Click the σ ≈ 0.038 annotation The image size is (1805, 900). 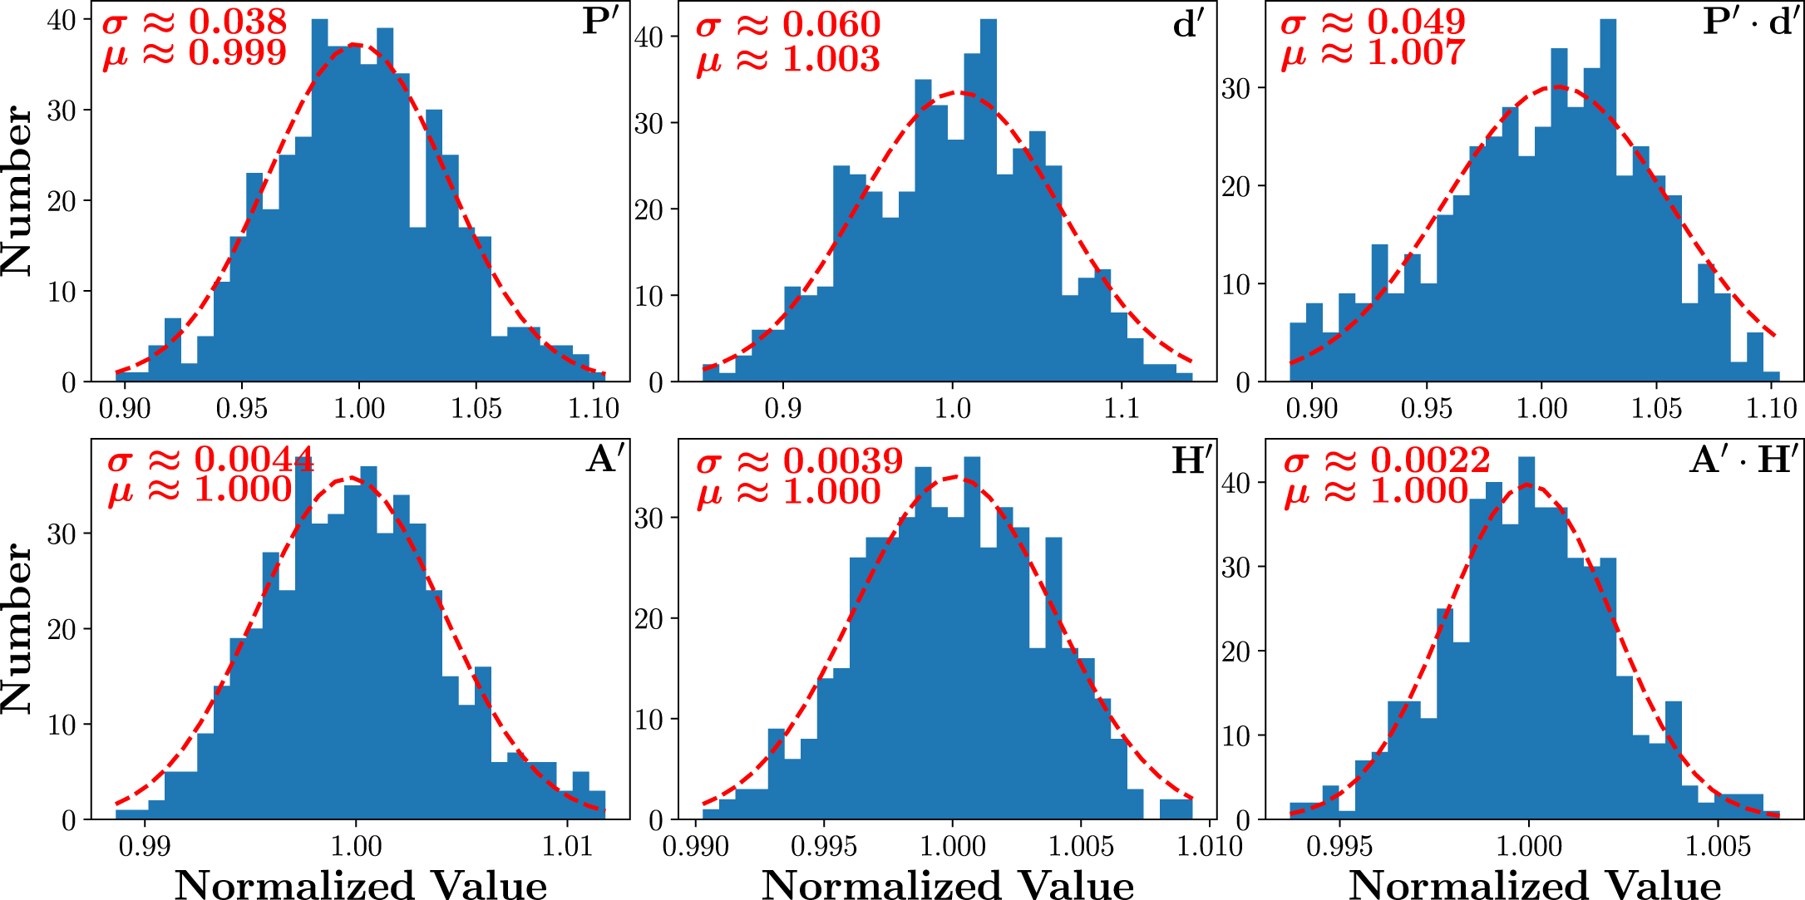point(195,22)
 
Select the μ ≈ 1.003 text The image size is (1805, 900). point(787,59)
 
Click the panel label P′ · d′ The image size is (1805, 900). point(1750,22)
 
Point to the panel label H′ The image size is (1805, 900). point(1191,460)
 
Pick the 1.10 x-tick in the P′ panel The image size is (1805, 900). point(594,408)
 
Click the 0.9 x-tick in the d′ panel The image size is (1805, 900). point(782,408)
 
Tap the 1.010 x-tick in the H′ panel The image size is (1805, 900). point(1210,847)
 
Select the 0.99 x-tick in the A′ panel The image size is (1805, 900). point(145,847)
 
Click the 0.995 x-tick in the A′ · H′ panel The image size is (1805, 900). point(1339,847)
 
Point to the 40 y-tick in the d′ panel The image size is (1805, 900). point(649,37)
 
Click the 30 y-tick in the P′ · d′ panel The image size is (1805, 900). point(1236,88)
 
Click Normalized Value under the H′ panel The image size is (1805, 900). point(948,884)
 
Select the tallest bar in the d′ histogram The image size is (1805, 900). point(988,199)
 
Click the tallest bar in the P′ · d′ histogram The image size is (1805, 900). point(1607,199)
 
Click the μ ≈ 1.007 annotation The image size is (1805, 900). point(1372,54)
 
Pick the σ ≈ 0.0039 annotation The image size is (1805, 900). point(799,461)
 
